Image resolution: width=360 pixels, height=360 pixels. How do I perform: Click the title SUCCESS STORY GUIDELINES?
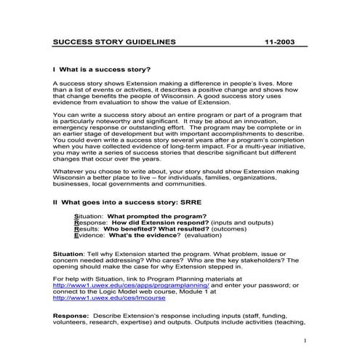tap(114, 42)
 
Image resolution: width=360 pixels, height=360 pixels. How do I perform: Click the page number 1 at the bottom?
tap(305, 340)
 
